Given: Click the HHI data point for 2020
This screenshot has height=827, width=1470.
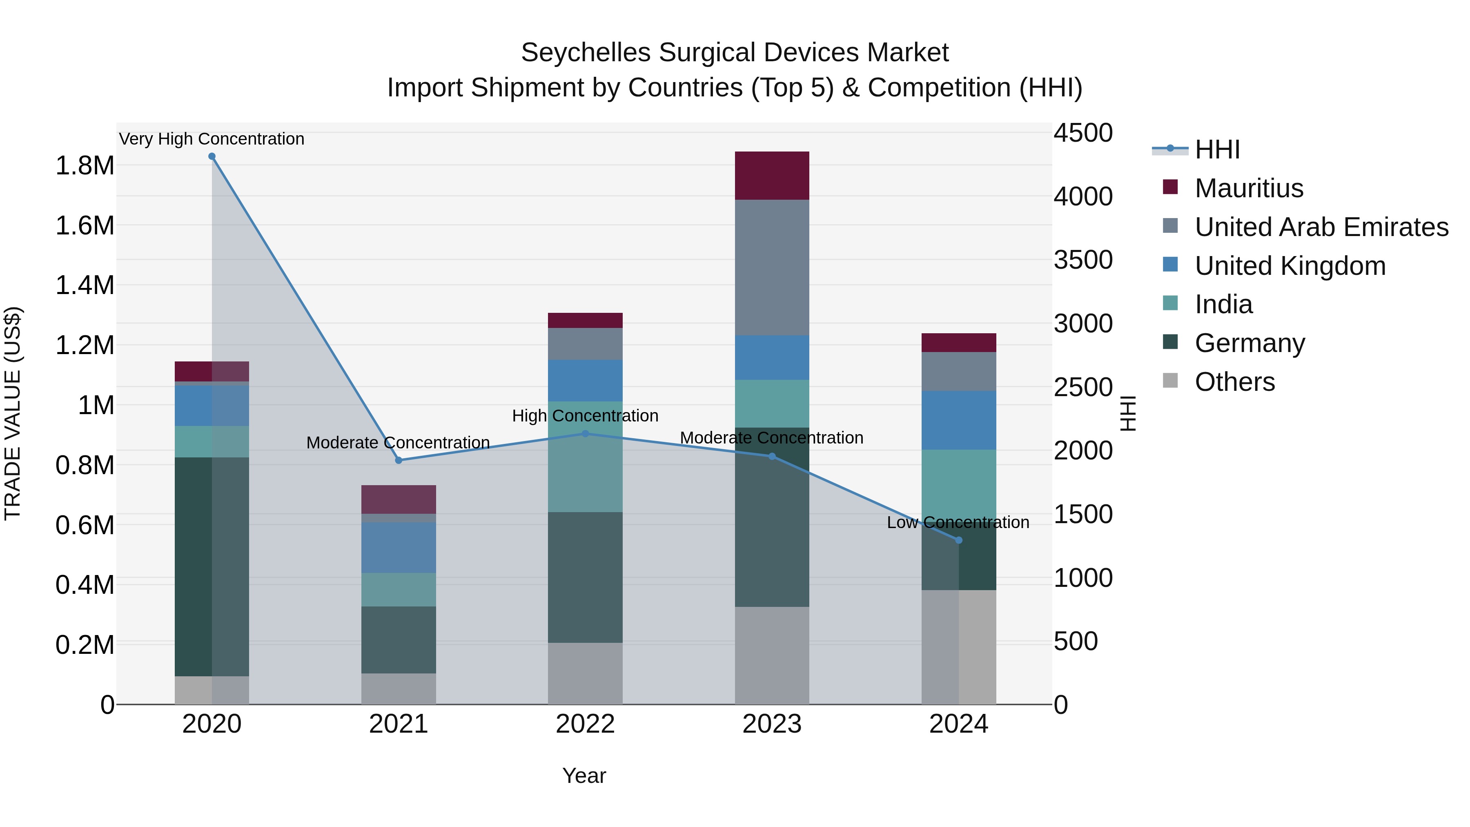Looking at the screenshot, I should click(x=212, y=156).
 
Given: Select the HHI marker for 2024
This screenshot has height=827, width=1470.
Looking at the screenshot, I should click(x=959, y=540).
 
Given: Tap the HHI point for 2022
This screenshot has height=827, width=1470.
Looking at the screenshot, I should click(x=585, y=434).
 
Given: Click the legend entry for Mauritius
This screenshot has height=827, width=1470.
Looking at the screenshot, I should click(x=1249, y=188).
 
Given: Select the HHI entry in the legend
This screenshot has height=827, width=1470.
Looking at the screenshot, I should click(x=1217, y=149).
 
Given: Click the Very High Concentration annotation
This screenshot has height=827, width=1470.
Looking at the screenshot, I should click(x=212, y=139).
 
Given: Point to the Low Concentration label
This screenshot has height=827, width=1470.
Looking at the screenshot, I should click(x=958, y=522).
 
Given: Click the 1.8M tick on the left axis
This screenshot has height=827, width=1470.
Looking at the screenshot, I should click(x=85, y=166).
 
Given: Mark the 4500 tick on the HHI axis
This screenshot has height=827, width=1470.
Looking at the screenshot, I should click(x=1082, y=133).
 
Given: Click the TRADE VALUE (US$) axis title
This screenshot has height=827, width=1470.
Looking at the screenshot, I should click(x=13, y=413).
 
